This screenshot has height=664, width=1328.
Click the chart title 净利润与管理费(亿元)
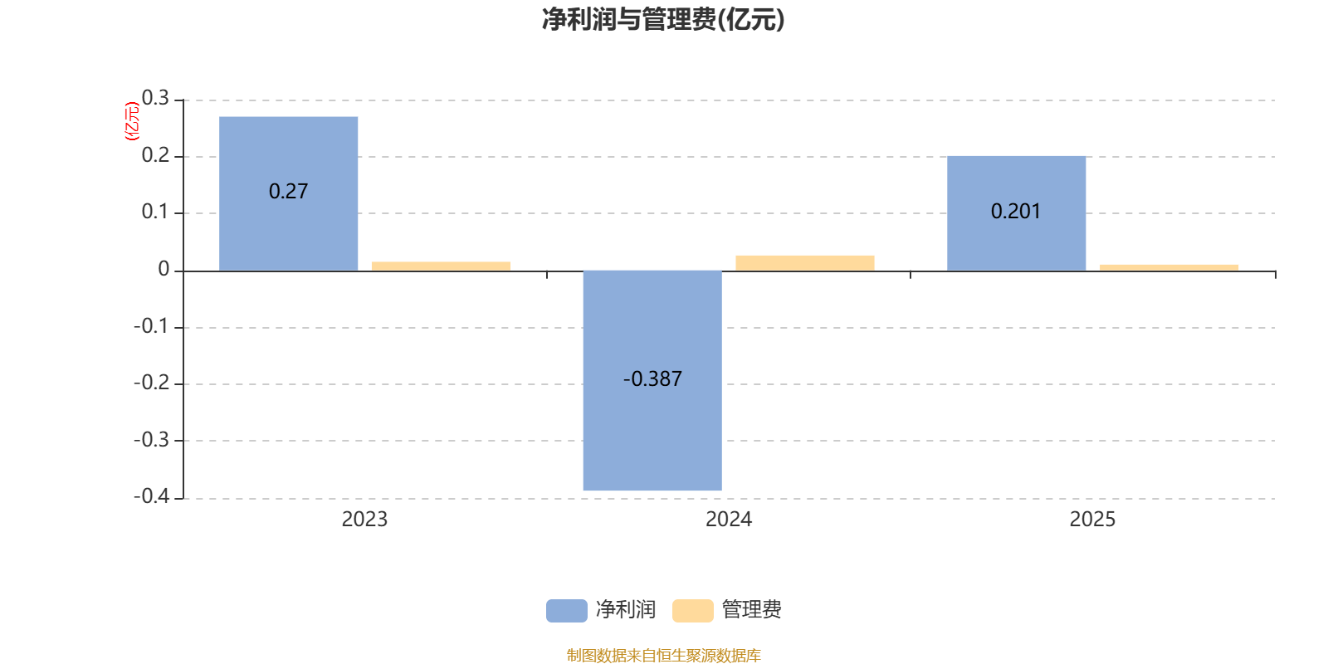point(663,19)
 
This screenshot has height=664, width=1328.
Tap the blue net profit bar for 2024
point(652,432)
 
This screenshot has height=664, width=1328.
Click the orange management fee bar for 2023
point(441,266)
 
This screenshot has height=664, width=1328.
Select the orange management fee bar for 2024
point(804,262)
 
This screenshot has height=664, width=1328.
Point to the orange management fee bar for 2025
point(1169,267)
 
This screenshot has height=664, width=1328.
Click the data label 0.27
point(288,192)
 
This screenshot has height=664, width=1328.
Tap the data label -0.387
point(652,379)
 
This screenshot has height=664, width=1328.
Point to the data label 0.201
point(1016,212)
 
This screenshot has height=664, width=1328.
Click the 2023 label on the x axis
point(364,520)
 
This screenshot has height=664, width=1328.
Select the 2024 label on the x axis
point(728,520)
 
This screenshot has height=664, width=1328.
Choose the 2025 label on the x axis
point(1092,520)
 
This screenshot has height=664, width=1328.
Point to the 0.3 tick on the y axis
point(155,99)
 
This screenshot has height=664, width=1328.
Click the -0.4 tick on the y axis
point(152,496)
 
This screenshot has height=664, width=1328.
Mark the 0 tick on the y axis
point(164,269)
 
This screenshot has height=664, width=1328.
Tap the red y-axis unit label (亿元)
point(131,121)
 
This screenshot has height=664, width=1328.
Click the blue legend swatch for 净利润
point(566,610)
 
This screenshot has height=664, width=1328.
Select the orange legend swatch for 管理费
point(692,610)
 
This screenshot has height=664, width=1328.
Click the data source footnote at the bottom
point(663,656)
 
